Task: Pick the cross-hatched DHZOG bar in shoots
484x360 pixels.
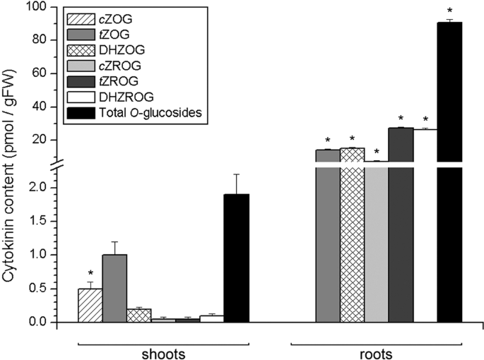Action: pos(138,316)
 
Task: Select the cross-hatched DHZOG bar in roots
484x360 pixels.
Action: pos(352,240)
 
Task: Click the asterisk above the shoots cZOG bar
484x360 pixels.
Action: pos(90,273)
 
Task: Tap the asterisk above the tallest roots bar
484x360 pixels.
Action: pos(449,12)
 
